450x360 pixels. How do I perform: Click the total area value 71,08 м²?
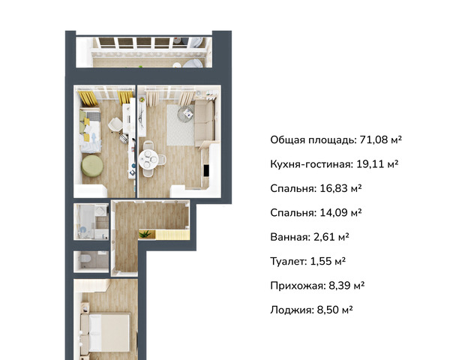380,139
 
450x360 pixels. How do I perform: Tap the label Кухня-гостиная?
310,164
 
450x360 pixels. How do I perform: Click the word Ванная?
289,237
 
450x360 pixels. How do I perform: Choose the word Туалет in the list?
288,261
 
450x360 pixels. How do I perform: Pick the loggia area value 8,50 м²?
334,310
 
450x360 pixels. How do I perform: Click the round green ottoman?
92,166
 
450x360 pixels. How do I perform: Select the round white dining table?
148,159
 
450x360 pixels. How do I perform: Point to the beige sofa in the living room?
204,124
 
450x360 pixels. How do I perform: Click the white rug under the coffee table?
181,125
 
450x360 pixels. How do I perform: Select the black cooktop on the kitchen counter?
205,170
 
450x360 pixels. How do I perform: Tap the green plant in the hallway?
145,234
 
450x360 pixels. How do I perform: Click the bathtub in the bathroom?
85,222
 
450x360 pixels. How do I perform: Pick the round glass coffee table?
185,113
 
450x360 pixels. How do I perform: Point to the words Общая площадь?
313,139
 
